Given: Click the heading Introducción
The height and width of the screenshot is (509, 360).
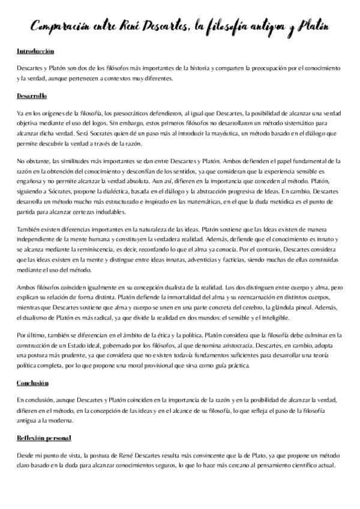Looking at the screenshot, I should coord(35,52).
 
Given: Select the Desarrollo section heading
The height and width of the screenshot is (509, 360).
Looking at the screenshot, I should coord(32,96).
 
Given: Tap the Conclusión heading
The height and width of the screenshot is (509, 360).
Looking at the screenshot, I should coord(32,366).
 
